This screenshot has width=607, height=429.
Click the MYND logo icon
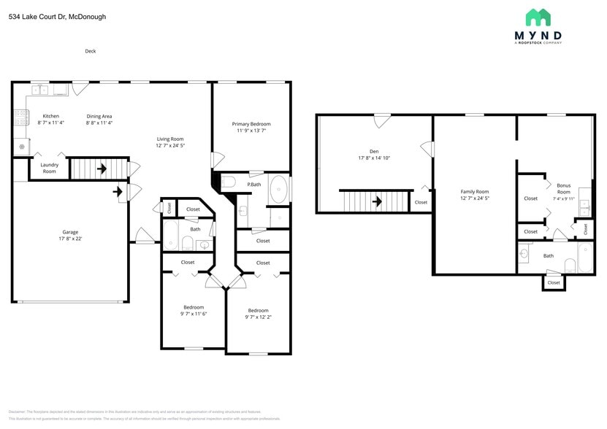(x=538, y=18)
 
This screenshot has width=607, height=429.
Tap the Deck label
(x=91, y=51)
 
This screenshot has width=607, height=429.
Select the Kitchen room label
(x=50, y=116)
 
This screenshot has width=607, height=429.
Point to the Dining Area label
(x=99, y=116)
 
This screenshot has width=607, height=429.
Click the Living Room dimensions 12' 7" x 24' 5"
(x=170, y=145)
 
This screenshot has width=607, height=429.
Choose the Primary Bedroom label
(x=251, y=124)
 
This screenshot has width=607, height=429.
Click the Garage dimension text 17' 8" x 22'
(x=70, y=239)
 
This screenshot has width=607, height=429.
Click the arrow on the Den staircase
(x=377, y=201)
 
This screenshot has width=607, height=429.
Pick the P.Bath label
(x=254, y=185)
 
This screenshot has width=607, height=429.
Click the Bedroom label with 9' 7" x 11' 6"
(x=194, y=307)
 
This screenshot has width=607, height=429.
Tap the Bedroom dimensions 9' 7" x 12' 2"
(x=258, y=317)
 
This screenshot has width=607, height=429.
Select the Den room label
(x=374, y=151)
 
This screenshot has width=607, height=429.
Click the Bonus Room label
(x=564, y=189)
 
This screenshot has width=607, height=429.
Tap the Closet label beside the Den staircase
(x=421, y=202)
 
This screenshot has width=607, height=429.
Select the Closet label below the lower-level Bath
(x=554, y=282)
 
